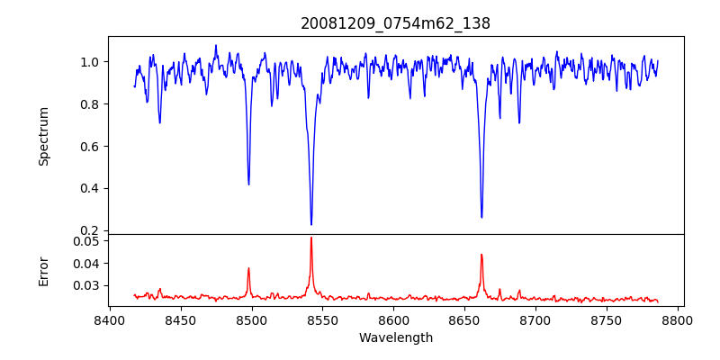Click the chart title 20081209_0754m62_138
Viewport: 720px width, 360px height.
[x=395, y=23]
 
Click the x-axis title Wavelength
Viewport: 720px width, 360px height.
[x=395, y=338]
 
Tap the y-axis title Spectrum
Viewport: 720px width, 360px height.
[x=43, y=136]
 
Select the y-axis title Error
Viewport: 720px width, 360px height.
[x=43, y=270]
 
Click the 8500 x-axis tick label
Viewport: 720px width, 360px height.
[x=252, y=320]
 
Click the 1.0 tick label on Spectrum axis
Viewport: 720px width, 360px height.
[x=91, y=62]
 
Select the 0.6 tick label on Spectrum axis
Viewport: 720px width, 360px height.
[x=91, y=146]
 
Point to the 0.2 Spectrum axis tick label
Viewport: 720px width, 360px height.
[x=91, y=230]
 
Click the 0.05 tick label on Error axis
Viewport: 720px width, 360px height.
[x=87, y=241]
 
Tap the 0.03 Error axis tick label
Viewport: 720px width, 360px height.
[x=87, y=285]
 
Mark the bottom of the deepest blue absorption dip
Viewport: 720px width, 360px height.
[x=311, y=224]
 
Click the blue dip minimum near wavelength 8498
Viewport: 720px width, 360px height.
[x=248, y=184]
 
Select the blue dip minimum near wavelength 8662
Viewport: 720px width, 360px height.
[x=481, y=217]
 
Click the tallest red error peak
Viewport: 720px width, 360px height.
[x=311, y=238]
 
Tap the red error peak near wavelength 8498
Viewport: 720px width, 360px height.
[x=248, y=268]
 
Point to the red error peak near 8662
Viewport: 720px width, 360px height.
[x=481, y=255]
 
